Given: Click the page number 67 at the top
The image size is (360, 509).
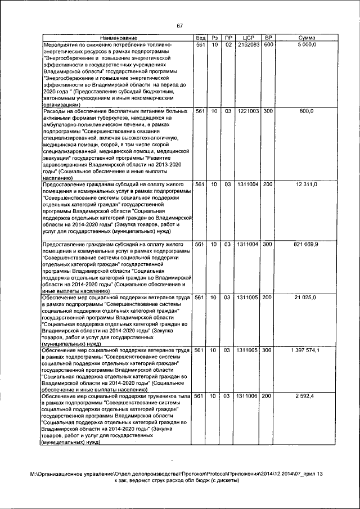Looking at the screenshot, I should [180, 26].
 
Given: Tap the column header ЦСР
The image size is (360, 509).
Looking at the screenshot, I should [247, 37].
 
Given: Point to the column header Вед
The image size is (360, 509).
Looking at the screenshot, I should [199, 37].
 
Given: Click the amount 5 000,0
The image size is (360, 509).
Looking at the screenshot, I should [307, 44].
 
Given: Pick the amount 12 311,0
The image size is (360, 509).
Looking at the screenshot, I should [307, 184].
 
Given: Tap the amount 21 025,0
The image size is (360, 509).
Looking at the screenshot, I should [307, 297].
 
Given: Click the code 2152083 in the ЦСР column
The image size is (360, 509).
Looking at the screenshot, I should [247, 44].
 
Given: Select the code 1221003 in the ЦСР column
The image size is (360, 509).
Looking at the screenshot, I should [247, 111].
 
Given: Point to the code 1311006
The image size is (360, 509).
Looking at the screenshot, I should [247, 397].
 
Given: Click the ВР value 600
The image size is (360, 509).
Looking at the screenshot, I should [268, 44].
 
